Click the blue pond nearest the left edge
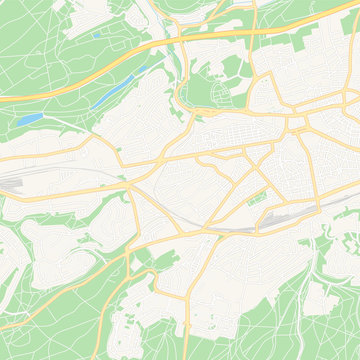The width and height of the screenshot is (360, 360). point(30,119)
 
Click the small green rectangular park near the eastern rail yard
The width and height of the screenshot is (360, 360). point(257,197)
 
